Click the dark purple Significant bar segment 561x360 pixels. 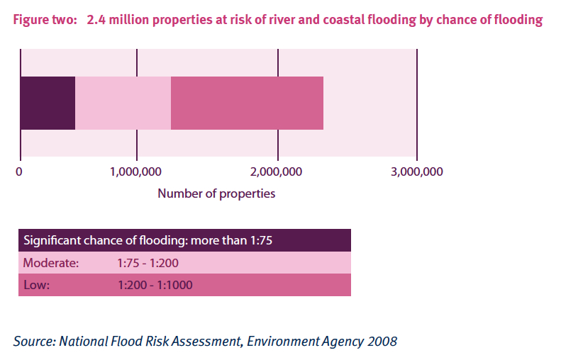48,103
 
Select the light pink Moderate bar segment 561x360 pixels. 123,103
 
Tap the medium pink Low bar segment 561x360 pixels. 247,103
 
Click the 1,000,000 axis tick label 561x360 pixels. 137,171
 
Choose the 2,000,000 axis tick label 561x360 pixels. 277,171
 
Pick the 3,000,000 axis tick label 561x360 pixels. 417,171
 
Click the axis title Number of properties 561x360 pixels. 216,193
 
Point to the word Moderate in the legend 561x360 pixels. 50,263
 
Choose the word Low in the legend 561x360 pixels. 35,285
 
